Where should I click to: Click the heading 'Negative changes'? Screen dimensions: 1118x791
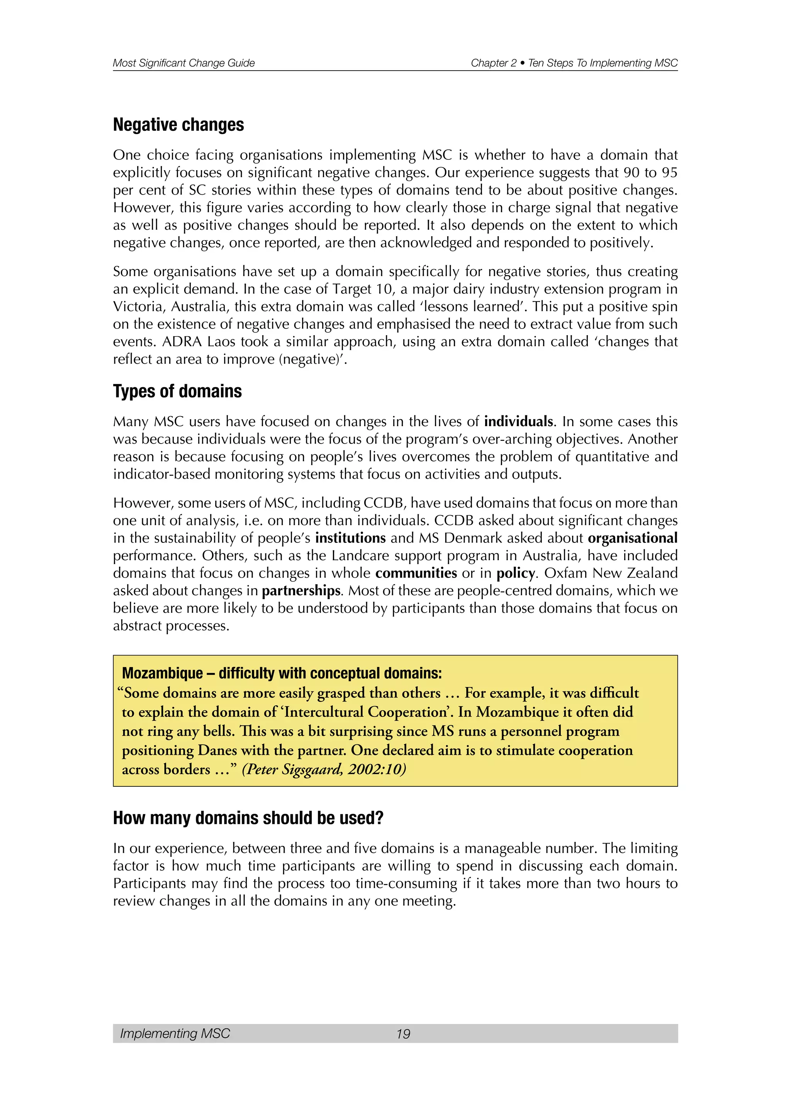click(x=178, y=125)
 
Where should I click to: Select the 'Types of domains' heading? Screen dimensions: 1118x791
click(x=177, y=391)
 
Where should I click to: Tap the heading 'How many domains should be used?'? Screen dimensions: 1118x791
click(x=248, y=818)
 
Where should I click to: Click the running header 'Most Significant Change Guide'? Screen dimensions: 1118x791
click(x=183, y=63)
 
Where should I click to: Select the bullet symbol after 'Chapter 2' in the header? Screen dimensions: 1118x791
click(x=522, y=63)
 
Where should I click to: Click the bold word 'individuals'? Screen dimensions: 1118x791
click(x=518, y=421)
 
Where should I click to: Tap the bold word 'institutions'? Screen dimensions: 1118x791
click(x=350, y=538)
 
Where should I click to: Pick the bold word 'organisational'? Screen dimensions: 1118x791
click(x=632, y=538)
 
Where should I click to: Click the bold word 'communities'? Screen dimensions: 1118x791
click(x=416, y=573)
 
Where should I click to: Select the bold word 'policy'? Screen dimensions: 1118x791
click(x=516, y=573)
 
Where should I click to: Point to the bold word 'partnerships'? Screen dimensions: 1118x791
click(x=301, y=591)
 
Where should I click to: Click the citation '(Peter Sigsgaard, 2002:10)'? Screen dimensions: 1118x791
click(x=324, y=769)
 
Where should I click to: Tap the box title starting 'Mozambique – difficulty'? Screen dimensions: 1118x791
click(x=282, y=673)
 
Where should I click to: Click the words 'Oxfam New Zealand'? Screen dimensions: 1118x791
click(x=610, y=573)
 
